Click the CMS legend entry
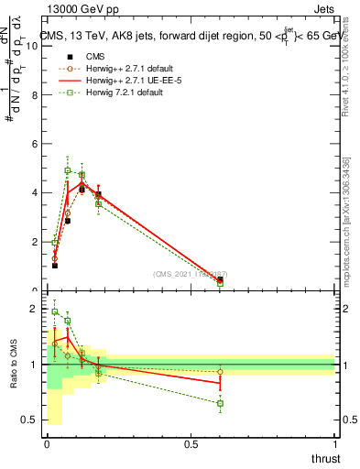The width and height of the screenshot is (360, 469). tap(82, 56)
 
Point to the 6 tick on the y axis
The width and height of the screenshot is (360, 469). tap(37, 144)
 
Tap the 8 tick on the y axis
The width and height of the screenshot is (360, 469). tap(37, 94)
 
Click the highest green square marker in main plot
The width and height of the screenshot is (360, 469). tap(68, 170)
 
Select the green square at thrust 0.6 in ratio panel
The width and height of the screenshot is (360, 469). tap(220, 403)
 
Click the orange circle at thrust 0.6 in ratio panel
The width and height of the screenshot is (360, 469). tap(220, 372)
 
